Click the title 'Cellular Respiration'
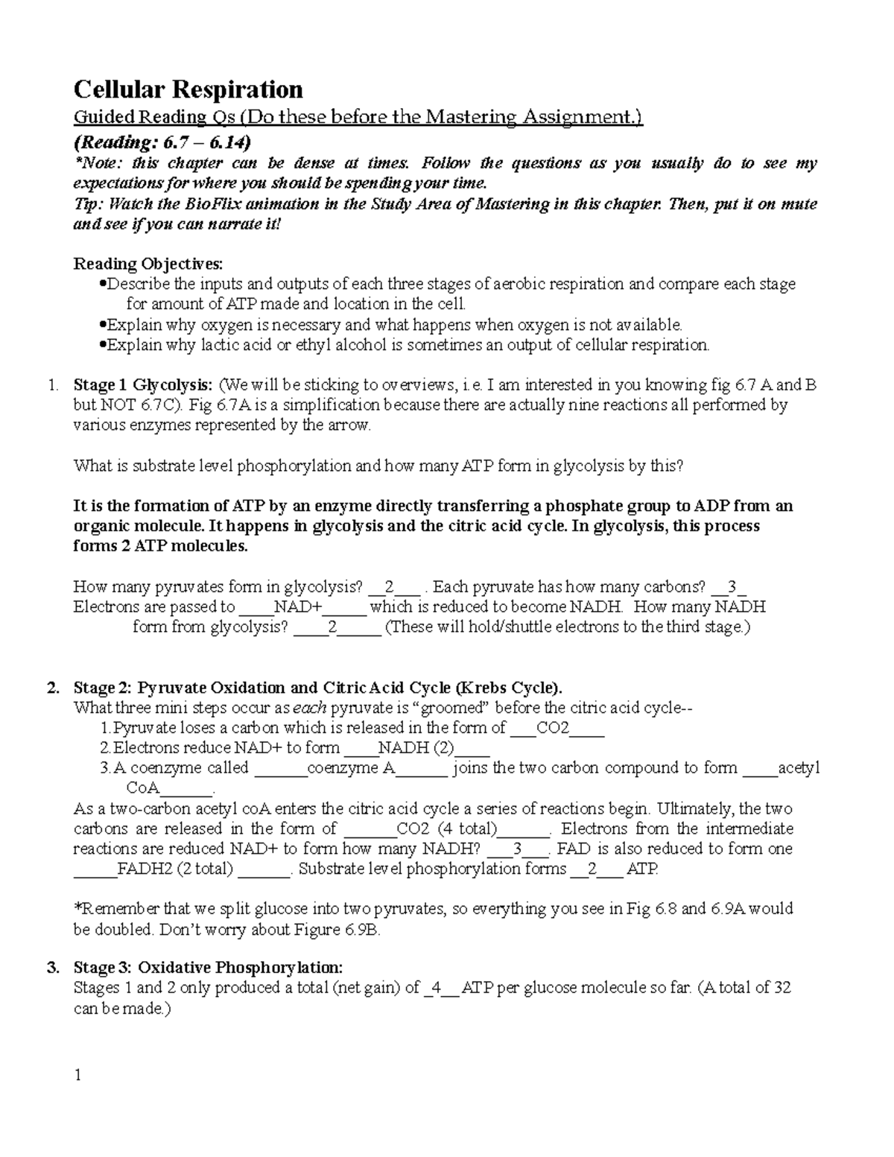click(188, 90)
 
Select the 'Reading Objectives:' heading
click(148, 264)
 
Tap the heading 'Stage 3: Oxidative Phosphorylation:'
click(208, 968)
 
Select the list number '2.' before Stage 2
click(52, 688)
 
